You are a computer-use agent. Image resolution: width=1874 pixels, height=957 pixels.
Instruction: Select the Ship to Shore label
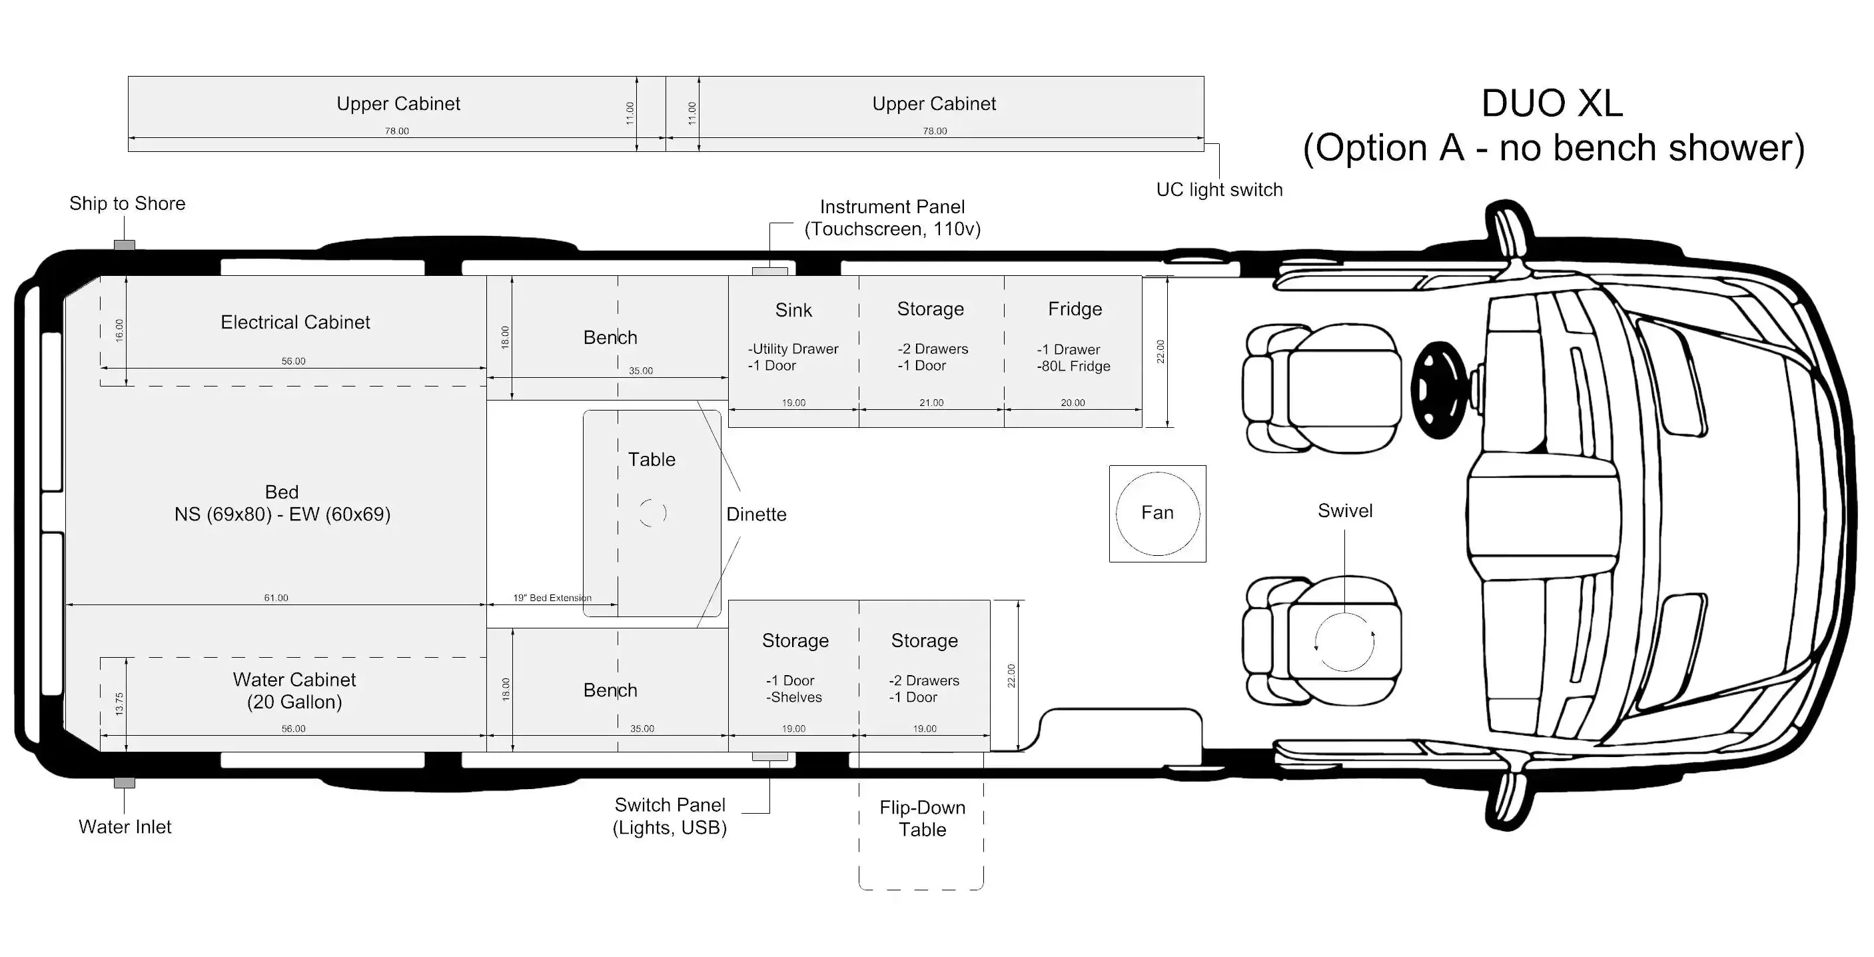click(x=127, y=203)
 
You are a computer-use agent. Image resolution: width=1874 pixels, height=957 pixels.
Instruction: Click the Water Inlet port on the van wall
click(x=125, y=783)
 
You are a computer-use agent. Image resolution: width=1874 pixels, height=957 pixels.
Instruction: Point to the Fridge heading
click(x=1075, y=309)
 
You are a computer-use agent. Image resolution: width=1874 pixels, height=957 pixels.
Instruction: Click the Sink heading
click(x=793, y=310)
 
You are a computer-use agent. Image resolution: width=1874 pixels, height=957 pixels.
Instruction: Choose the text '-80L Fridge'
click(x=1074, y=366)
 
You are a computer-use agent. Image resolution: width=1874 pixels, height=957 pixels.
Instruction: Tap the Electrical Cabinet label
click(x=295, y=322)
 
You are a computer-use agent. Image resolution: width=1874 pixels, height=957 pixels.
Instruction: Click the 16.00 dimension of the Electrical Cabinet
click(x=119, y=331)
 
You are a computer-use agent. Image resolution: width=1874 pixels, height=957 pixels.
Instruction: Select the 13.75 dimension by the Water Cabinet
click(x=119, y=704)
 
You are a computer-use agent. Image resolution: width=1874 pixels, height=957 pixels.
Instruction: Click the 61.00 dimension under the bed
click(x=276, y=598)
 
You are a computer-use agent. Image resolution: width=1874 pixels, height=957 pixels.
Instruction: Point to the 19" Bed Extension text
click(x=552, y=598)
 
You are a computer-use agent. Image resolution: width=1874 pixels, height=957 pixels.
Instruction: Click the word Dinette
click(x=757, y=514)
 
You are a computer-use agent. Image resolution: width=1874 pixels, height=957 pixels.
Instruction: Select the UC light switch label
click(x=1219, y=189)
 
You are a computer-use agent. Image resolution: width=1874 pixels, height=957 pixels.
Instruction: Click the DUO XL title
click(x=1552, y=103)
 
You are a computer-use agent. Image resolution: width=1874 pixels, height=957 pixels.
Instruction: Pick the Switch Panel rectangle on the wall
click(x=769, y=756)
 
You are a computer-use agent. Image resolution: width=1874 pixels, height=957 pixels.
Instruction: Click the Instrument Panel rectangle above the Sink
click(x=769, y=271)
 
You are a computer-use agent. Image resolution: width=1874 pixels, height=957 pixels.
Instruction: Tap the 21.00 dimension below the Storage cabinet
click(x=931, y=403)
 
